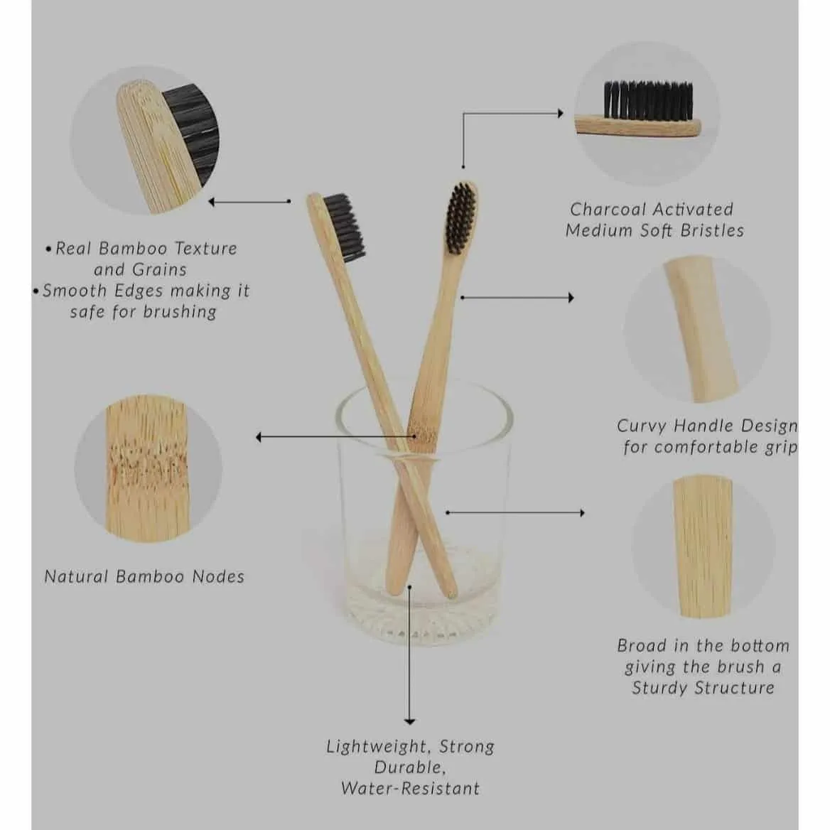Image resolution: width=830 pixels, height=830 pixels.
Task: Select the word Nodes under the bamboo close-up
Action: click(217, 576)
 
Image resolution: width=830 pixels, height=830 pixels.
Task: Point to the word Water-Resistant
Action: click(410, 788)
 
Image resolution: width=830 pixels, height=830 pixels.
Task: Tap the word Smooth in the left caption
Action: click(72, 291)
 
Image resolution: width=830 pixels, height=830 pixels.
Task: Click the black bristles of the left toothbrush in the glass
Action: click(347, 222)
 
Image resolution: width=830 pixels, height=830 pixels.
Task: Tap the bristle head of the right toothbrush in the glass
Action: click(461, 217)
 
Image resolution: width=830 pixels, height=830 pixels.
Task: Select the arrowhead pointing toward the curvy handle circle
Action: click(570, 298)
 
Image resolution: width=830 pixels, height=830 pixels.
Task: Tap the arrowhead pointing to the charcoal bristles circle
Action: click(560, 113)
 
